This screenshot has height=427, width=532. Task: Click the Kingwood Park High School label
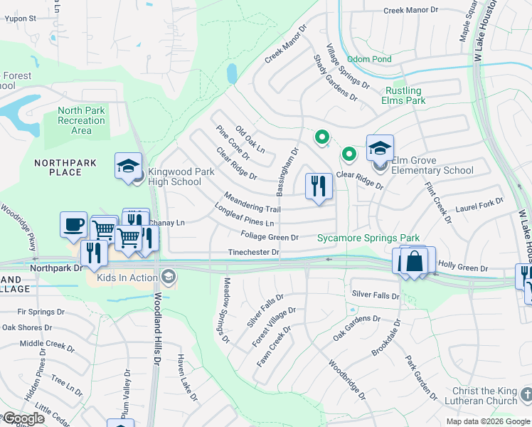click(x=175, y=176)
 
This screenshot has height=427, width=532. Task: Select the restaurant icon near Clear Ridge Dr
click(x=319, y=186)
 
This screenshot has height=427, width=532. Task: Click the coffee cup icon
click(x=74, y=225)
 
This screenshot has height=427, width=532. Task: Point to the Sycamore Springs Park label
click(x=368, y=238)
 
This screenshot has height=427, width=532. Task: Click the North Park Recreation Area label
click(x=81, y=120)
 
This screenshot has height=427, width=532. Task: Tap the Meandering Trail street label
click(x=252, y=202)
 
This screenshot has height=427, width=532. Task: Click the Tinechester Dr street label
click(x=253, y=252)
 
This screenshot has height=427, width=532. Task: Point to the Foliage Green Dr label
click(x=269, y=236)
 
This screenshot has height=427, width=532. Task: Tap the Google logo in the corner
click(x=23, y=418)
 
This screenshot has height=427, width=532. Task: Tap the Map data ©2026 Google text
click(x=487, y=421)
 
